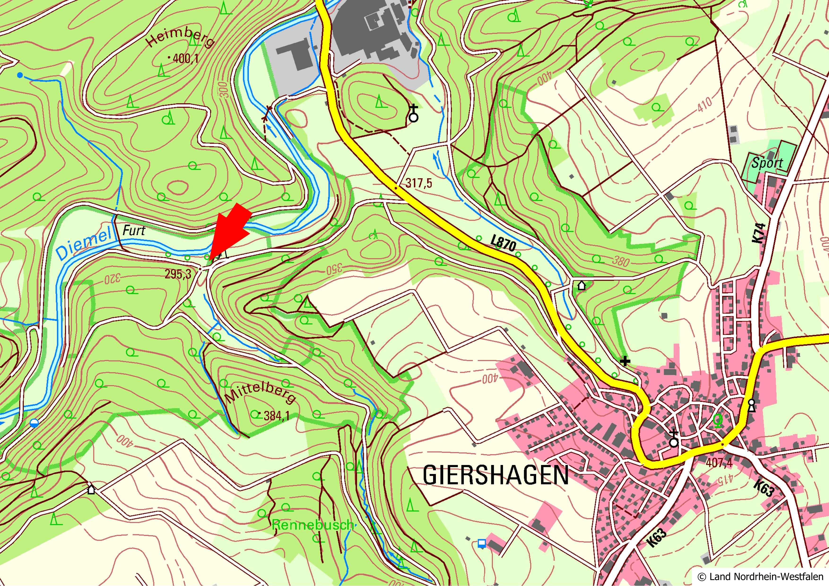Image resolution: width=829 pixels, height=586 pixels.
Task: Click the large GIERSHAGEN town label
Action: click(x=495, y=475)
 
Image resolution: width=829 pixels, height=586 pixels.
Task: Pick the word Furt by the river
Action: click(x=134, y=230)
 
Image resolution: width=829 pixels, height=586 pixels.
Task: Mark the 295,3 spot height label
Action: click(x=178, y=274)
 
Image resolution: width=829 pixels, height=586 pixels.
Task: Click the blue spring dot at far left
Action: click(x=20, y=75)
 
